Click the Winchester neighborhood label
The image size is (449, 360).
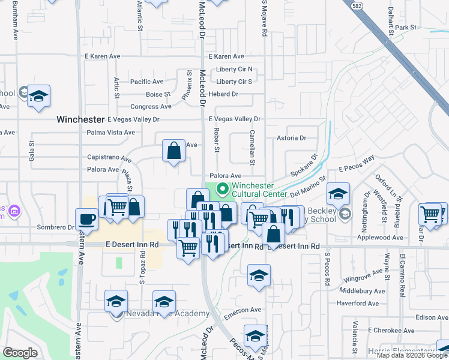coord(80,119)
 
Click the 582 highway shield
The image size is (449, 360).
coord(356,5)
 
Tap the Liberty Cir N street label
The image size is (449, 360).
coord(234,69)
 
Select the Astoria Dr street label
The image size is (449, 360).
coord(291,138)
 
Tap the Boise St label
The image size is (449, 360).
coord(158,94)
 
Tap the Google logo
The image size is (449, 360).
coord(20,353)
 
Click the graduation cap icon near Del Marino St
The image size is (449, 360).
coord(339,194)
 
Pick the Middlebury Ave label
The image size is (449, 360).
coord(361,290)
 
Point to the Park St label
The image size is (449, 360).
coord(405,28)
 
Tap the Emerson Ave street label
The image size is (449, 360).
coord(243,310)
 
